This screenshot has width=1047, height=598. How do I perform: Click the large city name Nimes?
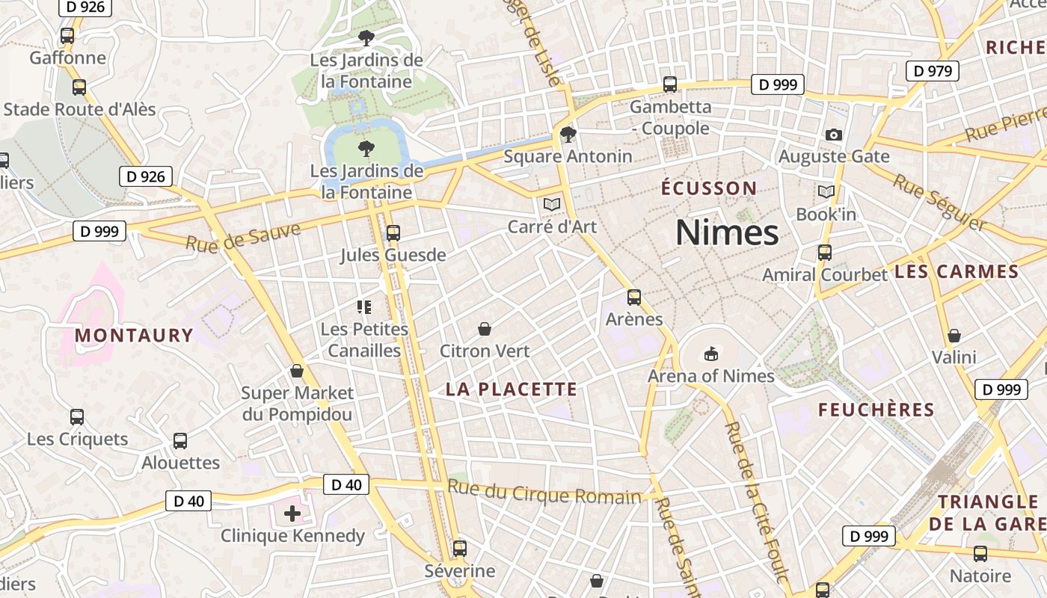[727, 232]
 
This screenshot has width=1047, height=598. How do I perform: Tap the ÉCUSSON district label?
[709, 188]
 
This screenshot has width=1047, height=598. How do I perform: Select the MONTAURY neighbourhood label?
[134, 335]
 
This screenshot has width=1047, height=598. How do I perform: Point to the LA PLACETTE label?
[512, 389]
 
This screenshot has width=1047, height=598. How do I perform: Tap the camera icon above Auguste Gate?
[834, 135]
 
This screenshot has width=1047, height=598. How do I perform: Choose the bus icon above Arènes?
[634, 298]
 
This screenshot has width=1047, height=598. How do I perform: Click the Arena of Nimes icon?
[710, 354]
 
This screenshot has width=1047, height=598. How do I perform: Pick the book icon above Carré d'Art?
[552, 204]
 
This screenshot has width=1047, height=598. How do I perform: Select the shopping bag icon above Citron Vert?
[485, 329]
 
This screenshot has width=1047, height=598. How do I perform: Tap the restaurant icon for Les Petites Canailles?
[364, 306]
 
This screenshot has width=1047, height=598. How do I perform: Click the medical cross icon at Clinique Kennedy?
[292, 514]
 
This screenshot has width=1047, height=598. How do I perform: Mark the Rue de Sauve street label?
[243, 237]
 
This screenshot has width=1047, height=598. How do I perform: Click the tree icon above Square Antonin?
[568, 135]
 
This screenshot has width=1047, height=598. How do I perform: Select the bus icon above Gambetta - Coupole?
[670, 84]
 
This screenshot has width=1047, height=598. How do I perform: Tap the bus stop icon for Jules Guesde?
[393, 233]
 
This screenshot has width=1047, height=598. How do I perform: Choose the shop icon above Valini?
[954, 336]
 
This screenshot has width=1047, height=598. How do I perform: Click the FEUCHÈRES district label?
[876, 410]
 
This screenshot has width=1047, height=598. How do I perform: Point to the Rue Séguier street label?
[939, 203]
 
